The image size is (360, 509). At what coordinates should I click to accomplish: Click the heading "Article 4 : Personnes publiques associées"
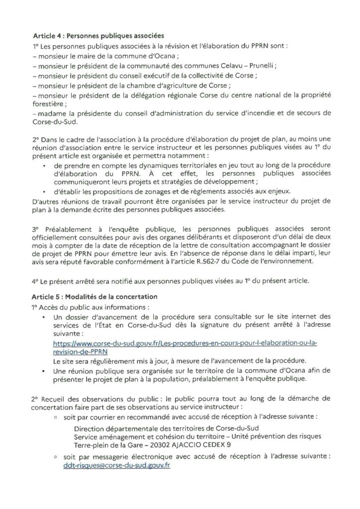tap(98, 36)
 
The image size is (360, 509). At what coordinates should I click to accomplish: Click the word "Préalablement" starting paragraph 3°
tap(71, 231)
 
